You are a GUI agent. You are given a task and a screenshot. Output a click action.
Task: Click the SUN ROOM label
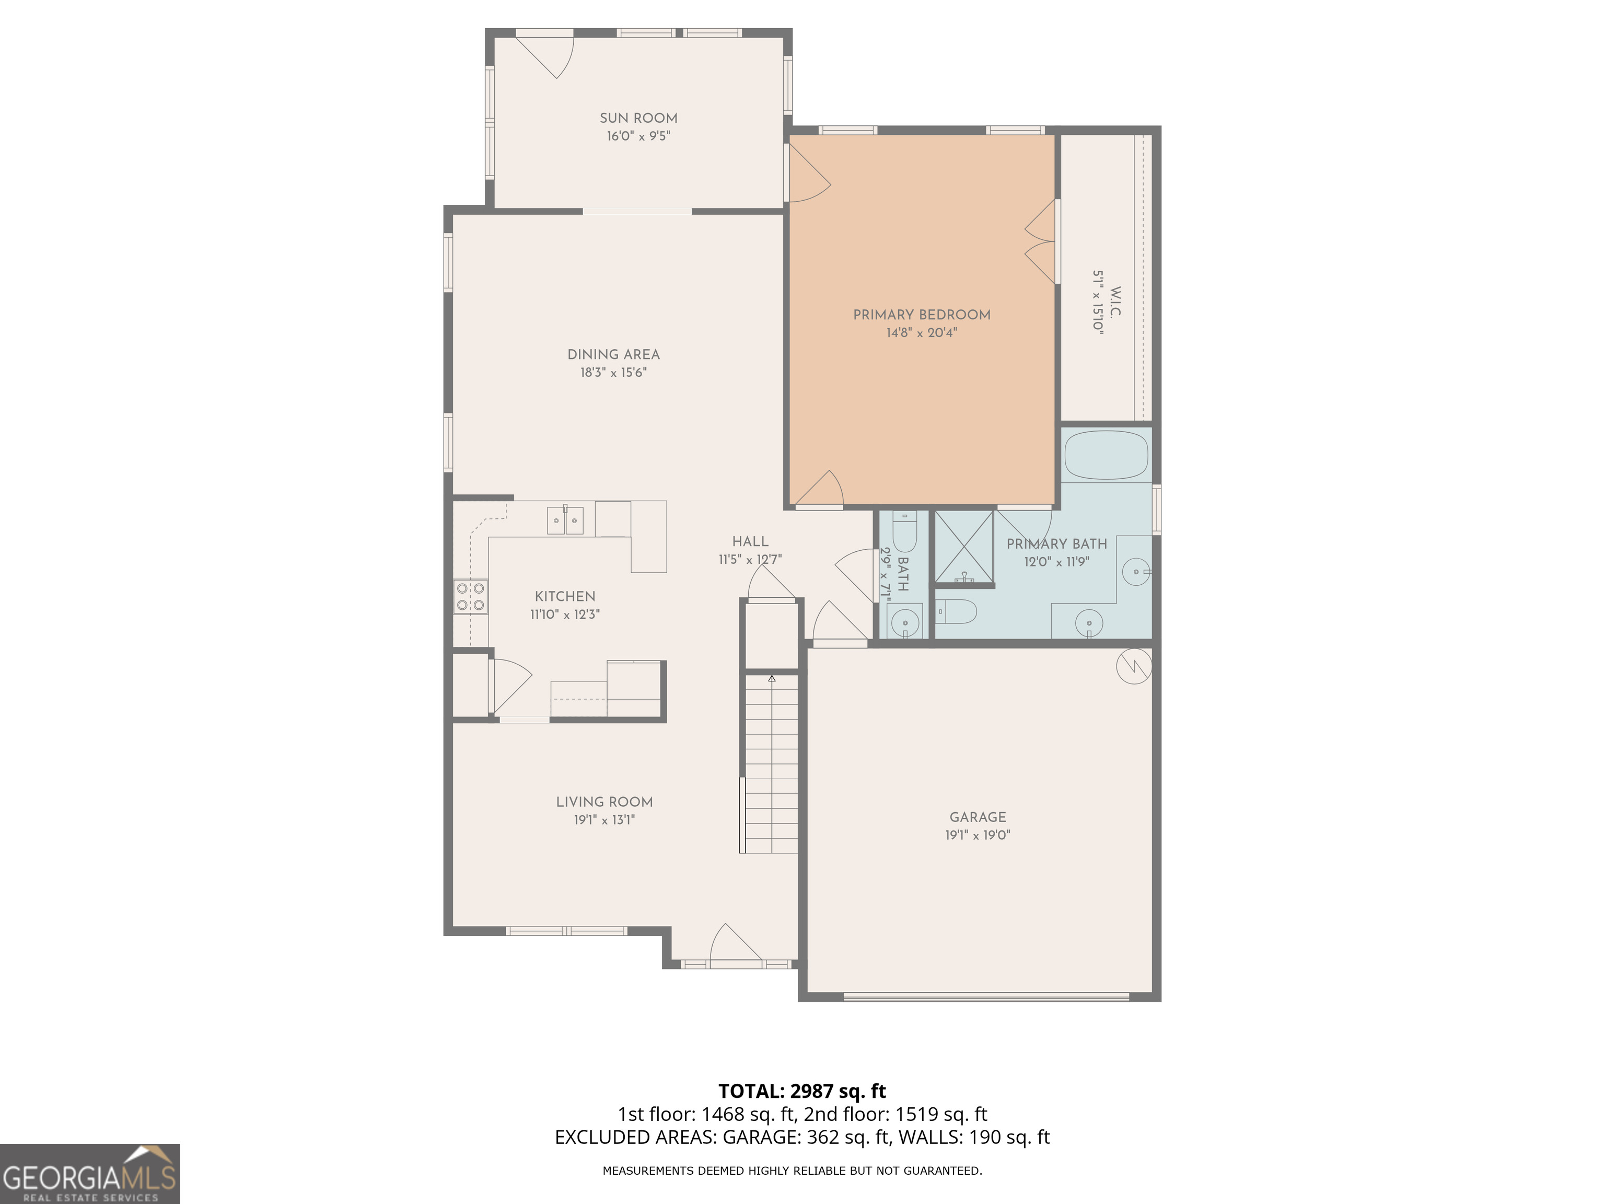click(638, 118)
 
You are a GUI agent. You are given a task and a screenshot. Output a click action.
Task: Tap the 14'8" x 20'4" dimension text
click(922, 333)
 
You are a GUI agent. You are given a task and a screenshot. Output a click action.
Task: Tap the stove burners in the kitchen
click(470, 597)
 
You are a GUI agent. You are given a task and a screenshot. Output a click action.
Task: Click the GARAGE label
click(978, 817)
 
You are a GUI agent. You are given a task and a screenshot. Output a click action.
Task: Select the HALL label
click(750, 541)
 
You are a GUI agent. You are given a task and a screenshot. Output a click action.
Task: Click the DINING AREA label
click(613, 355)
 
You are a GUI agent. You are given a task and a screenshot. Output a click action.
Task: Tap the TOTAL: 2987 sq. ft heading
click(802, 1091)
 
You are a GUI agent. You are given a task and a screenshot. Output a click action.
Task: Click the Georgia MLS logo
click(89, 1174)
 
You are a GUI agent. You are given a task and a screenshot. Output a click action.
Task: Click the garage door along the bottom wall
click(985, 997)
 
